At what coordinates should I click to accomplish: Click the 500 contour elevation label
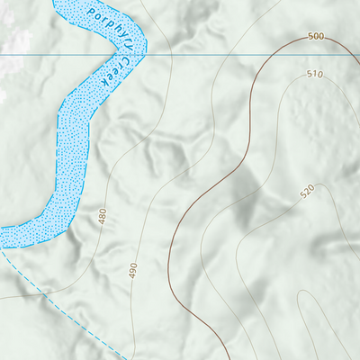(x=315, y=37)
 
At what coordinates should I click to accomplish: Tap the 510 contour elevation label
(x=314, y=74)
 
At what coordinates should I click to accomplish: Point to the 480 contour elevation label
(x=103, y=216)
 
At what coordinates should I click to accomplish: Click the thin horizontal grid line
(x=225, y=55)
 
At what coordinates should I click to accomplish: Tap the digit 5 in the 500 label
(x=310, y=37)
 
